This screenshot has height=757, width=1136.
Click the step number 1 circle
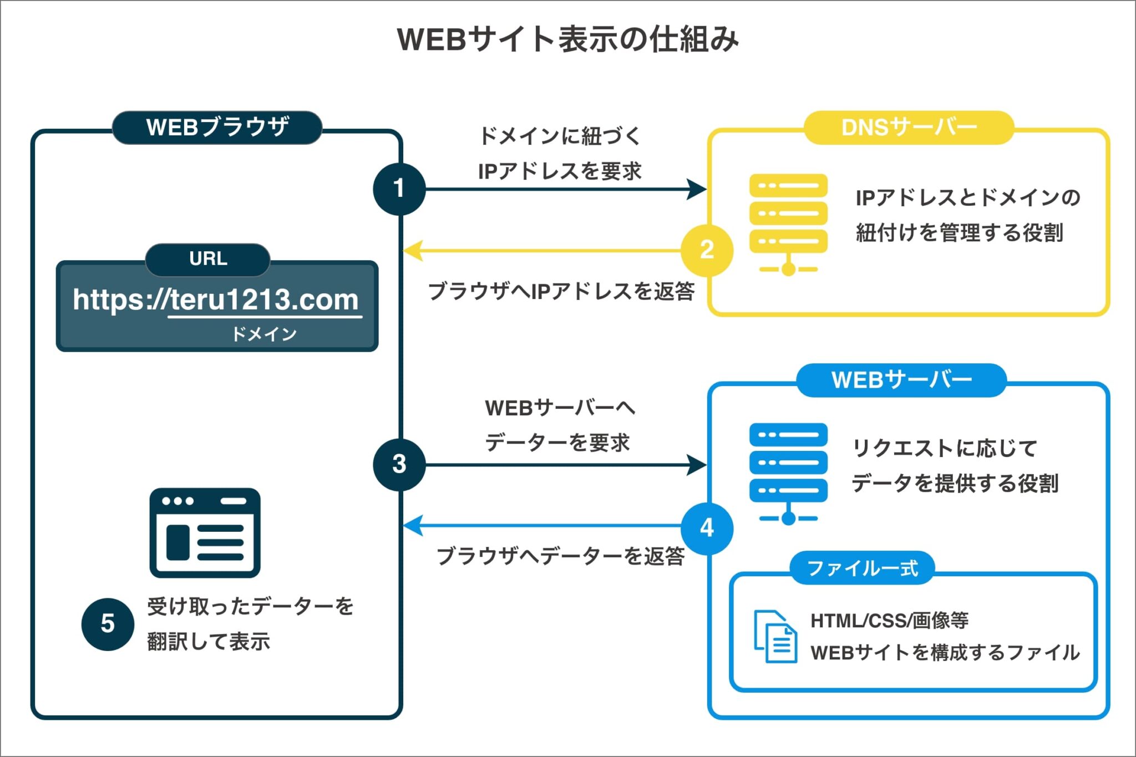tap(399, 189)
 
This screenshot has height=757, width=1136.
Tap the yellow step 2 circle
tap(707, 250)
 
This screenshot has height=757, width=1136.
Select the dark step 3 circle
tap(399, 464)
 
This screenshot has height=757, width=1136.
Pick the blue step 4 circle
tap(707, 528)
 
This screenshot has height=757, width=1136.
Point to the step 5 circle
tap(108, 624)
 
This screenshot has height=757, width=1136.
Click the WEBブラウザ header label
tap(217, 128)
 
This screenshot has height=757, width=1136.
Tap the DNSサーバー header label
tap(909, 128)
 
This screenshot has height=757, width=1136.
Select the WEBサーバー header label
tap(901, 380)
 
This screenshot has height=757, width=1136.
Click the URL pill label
tap(208, 259)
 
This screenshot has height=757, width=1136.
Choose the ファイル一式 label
tap(862, 568)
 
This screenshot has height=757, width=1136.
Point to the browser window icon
tap(205, 532)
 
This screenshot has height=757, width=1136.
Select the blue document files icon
tap(775, 636)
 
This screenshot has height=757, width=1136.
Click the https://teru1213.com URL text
tap(216, 300)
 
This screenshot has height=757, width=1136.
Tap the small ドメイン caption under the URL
tap(264, 334)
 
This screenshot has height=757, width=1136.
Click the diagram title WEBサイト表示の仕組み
tap(568, 39)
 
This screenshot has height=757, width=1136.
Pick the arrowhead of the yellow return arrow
tap(413, 251)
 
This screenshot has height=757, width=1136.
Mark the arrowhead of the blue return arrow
tap(413, 525)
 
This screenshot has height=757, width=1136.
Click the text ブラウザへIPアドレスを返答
tap(561, 291)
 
